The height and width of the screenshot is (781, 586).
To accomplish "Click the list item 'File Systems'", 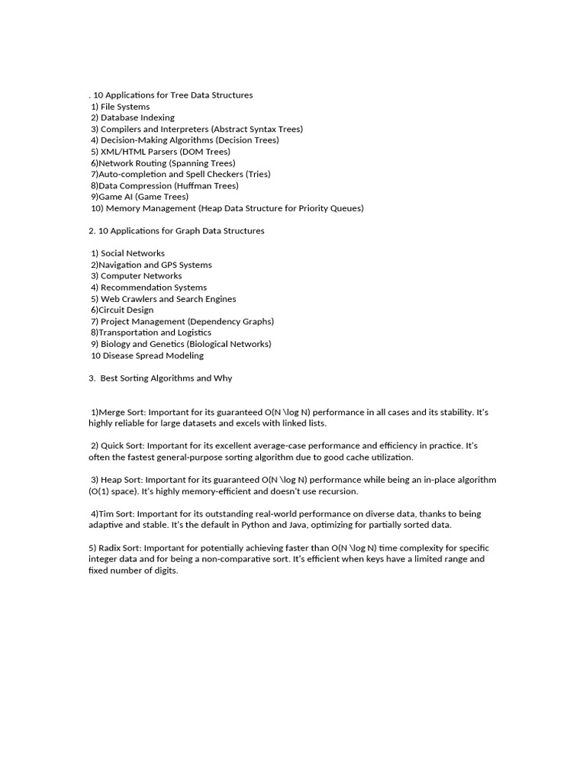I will click(125, 107).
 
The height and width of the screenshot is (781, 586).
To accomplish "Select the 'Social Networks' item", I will click(132, 253).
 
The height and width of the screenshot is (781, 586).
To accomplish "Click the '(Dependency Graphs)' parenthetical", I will click(230, 321).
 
